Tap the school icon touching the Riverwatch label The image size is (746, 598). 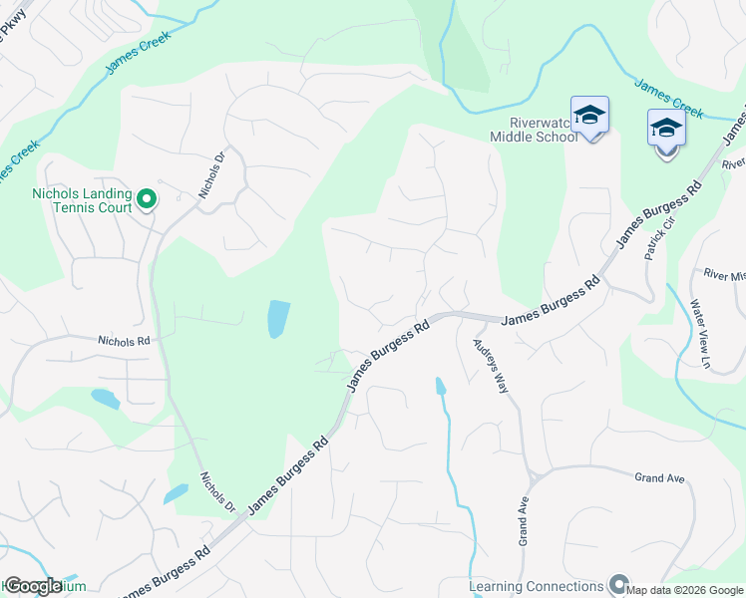[589, 117]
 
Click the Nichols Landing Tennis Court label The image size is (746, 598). [82, 200]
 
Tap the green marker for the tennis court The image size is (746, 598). [147, 200]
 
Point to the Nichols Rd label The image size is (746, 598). [124, 340]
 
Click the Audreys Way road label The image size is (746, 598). [491, 364]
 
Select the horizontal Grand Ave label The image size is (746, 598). [659, 478]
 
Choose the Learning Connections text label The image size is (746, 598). [538, 585]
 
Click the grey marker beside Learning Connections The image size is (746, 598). [619, 585]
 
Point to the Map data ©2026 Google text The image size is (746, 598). [685, 591]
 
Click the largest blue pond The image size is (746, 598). [279, 319]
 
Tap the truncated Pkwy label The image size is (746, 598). [12, 30]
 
